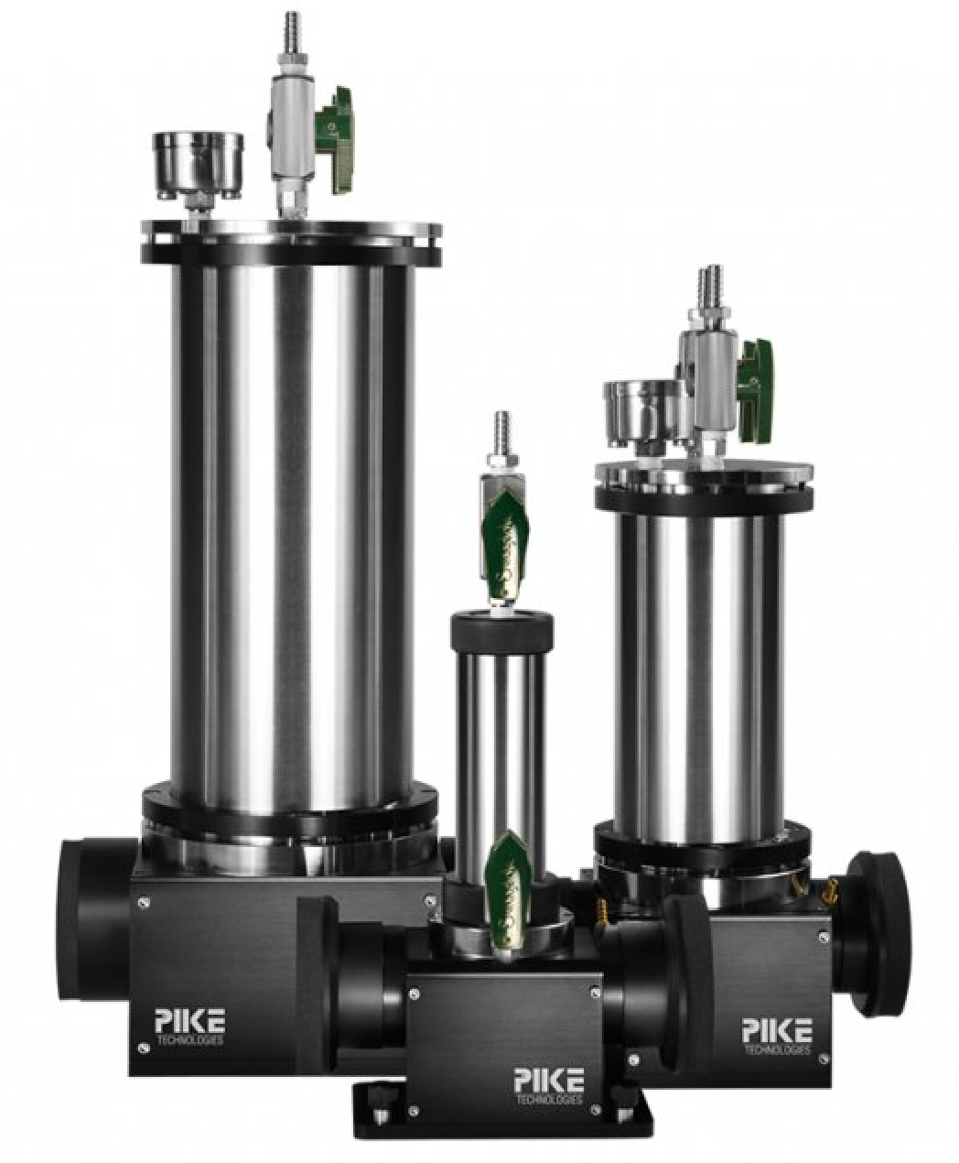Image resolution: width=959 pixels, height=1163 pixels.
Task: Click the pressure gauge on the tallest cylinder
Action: click(x=199, y=167)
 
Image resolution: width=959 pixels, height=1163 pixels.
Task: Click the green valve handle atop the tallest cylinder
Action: click(x=335, y=142)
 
